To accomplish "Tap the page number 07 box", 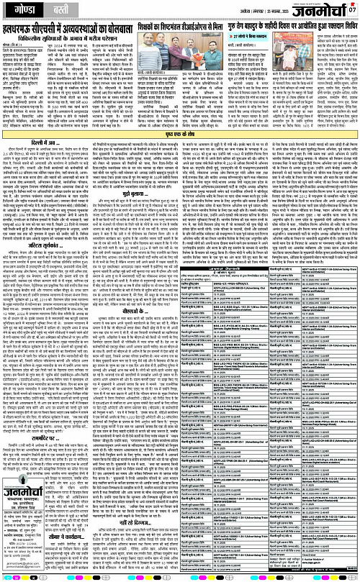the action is [352, 9].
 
